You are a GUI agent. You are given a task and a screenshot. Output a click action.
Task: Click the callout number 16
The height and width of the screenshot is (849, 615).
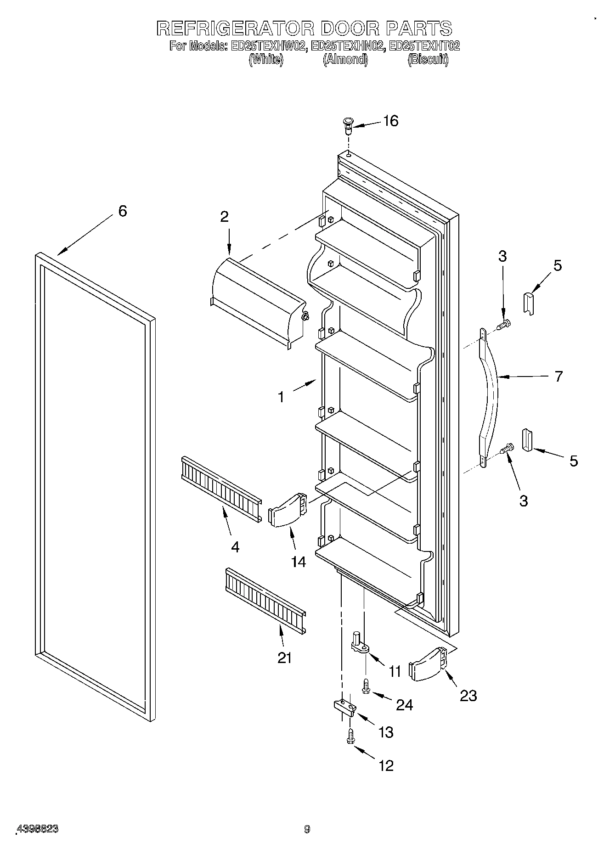pyautogui.click(x=390, y=121)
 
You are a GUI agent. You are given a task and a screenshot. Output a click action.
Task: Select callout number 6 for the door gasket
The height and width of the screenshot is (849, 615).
pyautogui.click(x=122, y=211)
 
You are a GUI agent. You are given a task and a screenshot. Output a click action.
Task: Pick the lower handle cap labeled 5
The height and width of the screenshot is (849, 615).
pyautogui.click(x=526, y=440)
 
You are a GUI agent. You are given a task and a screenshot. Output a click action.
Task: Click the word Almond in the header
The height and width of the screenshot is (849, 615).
pyautogui.click(x=345, y=59)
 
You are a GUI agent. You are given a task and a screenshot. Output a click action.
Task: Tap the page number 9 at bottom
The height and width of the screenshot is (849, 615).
pyautogui.click(x=307, y=829)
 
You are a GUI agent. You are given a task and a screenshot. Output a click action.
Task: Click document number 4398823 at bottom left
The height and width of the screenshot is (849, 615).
pyautogui.click(x=38, y=829)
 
